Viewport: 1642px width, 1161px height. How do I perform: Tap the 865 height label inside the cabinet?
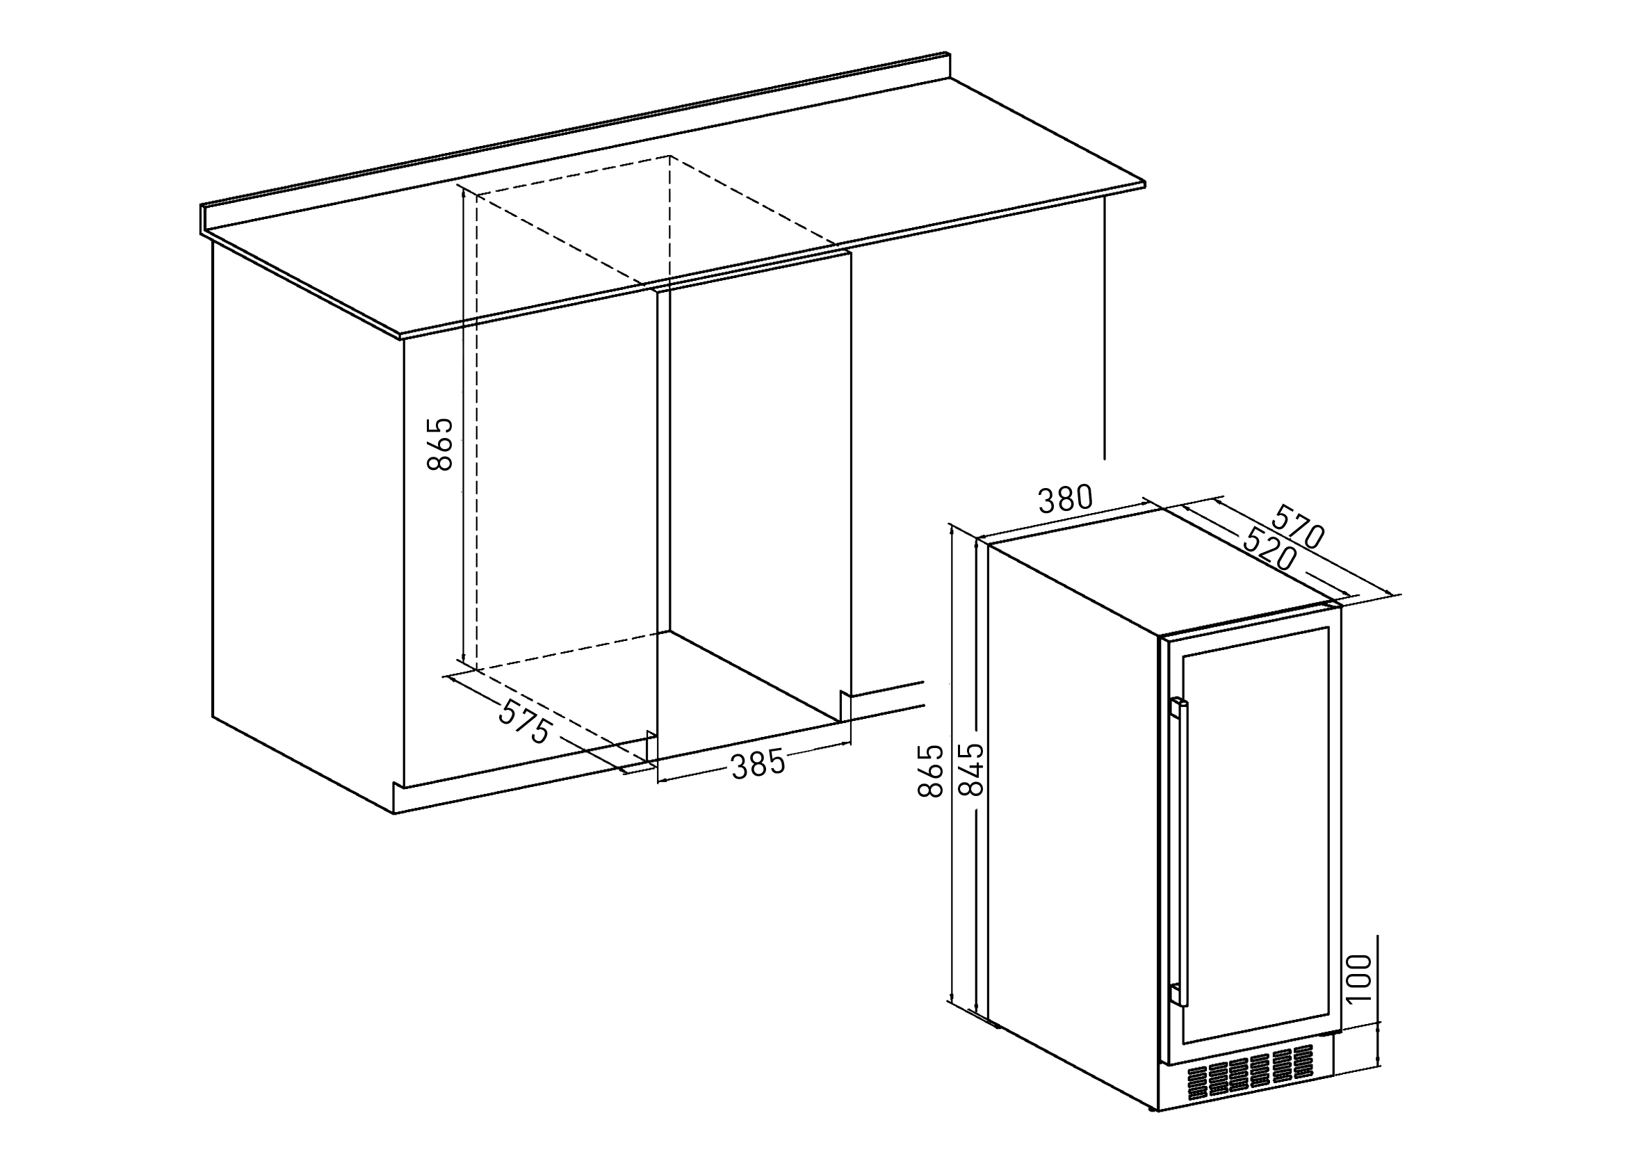click(x=440, y=444)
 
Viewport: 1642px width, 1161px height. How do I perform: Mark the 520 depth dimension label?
click(x=1270, y=547)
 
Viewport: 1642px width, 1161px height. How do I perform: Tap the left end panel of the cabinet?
click(x=307, y=529)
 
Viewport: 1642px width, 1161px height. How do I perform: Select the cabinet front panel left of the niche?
click(x=529, y=544)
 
